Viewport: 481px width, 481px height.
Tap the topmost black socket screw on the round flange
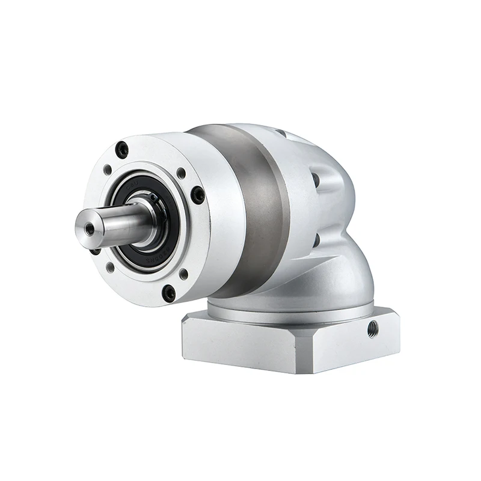(122, 149)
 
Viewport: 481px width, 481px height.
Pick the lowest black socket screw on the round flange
(170, 293)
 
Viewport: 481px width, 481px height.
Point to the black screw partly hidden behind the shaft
(95, 249)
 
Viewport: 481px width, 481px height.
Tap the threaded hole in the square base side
(373, 328)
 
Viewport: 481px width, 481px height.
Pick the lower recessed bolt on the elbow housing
(316, 240)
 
